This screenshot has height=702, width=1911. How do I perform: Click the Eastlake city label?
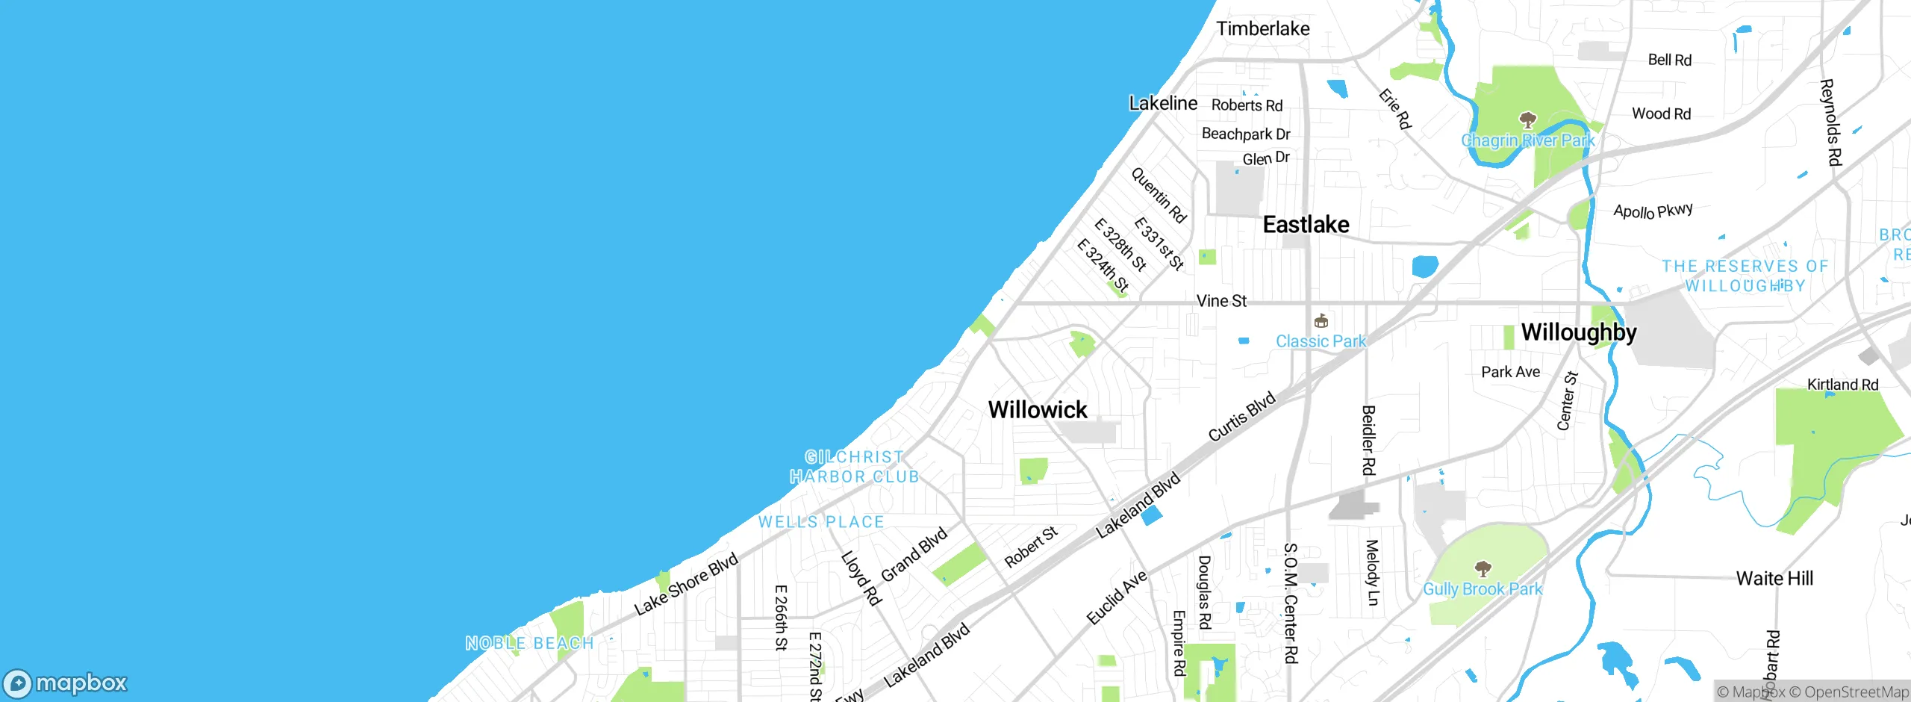(x=1306, y=225)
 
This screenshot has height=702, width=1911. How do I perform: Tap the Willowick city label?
(x=1038, y=410)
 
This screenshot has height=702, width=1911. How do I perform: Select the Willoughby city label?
(x=1579, y=332)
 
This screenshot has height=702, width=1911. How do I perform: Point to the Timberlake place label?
(x=1263, y=29)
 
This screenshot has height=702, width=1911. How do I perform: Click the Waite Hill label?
(x=1774, y=579)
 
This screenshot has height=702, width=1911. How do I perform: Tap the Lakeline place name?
(x=1163, y=104)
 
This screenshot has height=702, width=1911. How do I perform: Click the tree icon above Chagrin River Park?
(x=1528, y=119)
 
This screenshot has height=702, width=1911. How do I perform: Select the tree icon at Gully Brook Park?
(x=1483, y=569)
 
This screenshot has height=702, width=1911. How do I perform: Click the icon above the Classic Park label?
(x=1321, y=321)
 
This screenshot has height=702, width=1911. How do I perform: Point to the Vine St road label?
(x=1221, y=301)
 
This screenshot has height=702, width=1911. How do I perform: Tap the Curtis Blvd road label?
(x=1241, y=417)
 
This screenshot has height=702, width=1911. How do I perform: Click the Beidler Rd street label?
(x=1368, y=440)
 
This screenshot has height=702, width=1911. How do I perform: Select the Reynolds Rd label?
(x=1831, y=122)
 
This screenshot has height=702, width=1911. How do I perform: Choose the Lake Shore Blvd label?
(x=685, y=584)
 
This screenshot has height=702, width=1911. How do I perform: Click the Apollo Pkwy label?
(x=1653, y=211)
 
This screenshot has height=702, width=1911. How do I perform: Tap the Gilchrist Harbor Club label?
(x=855, y=467)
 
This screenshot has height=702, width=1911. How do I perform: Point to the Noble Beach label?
(x=529, y=643)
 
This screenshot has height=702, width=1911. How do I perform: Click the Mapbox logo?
(x=66, y=683)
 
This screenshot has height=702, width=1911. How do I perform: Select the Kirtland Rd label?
(x=1842, y=385)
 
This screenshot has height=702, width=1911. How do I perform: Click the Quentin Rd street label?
(x=1158, y=195)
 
